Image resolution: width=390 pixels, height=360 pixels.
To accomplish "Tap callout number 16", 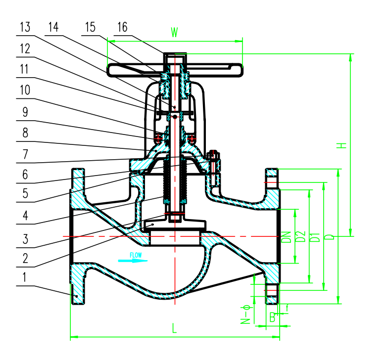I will coord(122,28).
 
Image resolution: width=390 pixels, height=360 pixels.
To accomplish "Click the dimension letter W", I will coord(174,33).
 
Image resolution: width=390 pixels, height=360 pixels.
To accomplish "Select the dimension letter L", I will coord(174,328).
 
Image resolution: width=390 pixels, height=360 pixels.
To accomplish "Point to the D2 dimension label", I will coord(300,237).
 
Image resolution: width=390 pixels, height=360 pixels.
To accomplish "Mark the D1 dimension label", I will coord(315,237).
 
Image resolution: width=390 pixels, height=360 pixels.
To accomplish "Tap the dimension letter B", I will coord(272,317).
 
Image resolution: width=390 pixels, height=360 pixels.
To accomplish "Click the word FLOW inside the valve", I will coord(136,255).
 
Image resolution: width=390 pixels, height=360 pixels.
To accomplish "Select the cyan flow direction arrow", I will coord(131,260).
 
